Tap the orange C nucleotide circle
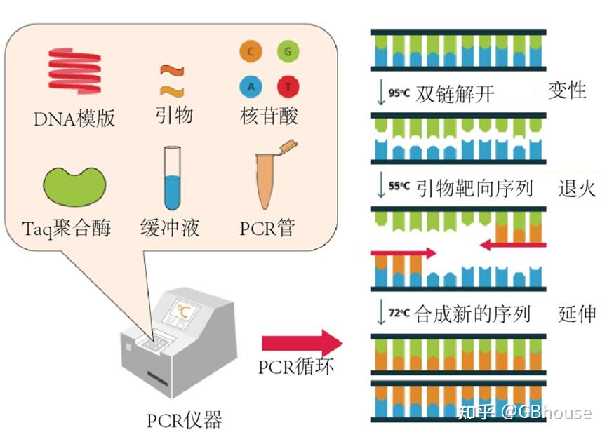(251, 53)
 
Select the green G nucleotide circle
(287, 53)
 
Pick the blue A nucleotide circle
(251, 87)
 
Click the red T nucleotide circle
(287, 87)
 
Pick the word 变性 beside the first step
(567, 90)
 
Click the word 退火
(577, 188)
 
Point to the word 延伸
(577, 313)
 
